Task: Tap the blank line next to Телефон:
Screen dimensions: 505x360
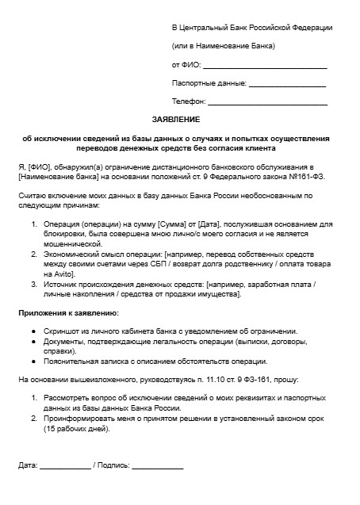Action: (267, 102)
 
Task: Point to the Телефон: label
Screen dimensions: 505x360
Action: (189, 101)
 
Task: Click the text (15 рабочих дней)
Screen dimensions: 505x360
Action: (78, 430)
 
